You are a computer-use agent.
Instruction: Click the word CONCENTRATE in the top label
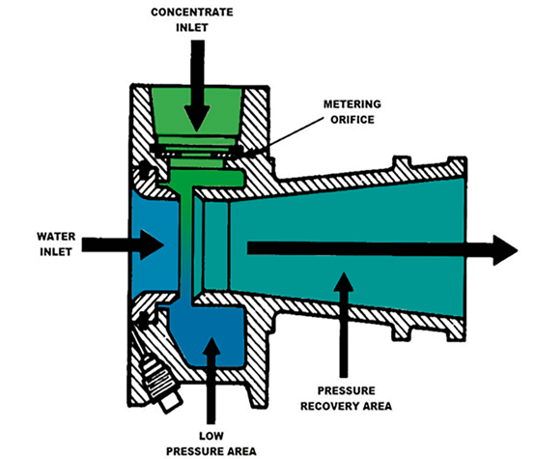pyautogui.click(x=192, y=13)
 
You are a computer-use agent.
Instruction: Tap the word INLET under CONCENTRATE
pyautogui.click(x=192, y=28)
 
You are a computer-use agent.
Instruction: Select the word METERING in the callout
pyautogui.click(x=352, y=104)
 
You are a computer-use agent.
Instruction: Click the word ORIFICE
pyautogui.click(x=352, y=120)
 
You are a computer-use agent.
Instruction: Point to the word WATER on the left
pyautogui.click(x=56, y=237)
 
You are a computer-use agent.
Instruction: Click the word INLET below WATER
pyautogui.click(x=56, y=251)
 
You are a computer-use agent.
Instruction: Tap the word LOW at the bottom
pyautogui.click(x=211, y=436)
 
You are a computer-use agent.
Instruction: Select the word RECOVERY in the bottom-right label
pyautogui.click(x=330, y=406)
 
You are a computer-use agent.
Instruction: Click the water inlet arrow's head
pyautogui.click(x=152, y=244)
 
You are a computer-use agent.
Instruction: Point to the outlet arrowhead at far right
pyautogui.click(x=505, y=250)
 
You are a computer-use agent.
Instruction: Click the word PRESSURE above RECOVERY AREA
pyautogui.click(x=347, y=390)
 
